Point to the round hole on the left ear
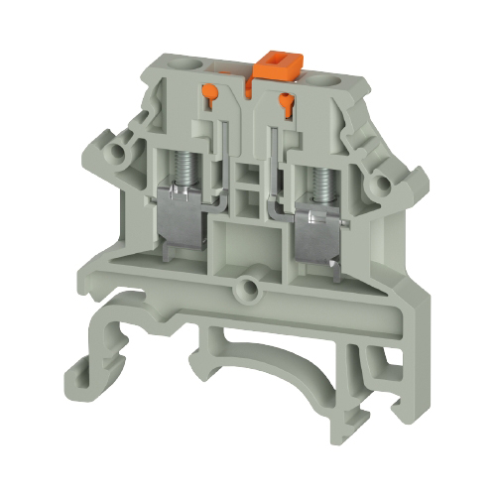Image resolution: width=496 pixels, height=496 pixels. point(125,152)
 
